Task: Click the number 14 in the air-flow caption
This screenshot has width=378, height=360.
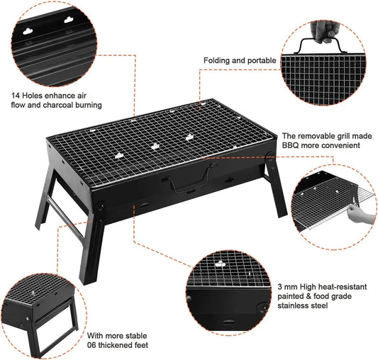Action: (x=15, y=94)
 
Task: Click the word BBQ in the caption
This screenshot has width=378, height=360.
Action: (x=291, y=145)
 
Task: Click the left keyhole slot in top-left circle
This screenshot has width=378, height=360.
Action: (x=29, y=30)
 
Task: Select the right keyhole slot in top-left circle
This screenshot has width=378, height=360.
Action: (x=69, y=21)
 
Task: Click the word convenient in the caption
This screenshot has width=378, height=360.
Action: (x=336, y=145)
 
